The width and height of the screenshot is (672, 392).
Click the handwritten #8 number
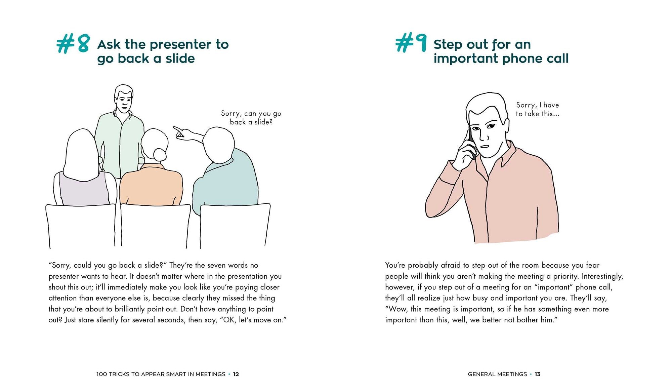click(x=73, y=43)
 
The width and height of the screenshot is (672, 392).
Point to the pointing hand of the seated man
click(x=180, y=133)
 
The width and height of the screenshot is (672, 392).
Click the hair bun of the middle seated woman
click(x=159, y=155)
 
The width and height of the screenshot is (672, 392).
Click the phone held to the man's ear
click(x=471, y=143)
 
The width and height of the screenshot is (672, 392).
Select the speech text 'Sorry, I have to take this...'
click(x=537, y=109)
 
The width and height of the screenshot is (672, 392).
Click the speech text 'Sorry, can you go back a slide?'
click(x=251, y=118)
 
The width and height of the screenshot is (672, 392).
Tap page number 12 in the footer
click(x=236, y=374)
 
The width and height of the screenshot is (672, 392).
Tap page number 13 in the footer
click(x=538, y=374)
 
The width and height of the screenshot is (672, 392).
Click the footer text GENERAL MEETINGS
click(x=497, y=374)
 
